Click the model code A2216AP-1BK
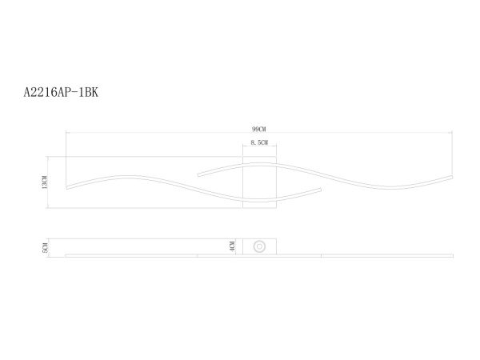[x=61, y=93]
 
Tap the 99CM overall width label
[x=258, y=128]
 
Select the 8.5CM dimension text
[x=258, y=142]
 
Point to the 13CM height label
[x=46, y=182]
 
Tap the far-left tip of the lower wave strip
[x=66, y=189]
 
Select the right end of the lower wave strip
[x=322, y=190]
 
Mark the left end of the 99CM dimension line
[x=66, y=133]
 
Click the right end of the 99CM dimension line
[x=453, y=133]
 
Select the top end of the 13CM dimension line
[x=50, y=157]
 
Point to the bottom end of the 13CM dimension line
[x=50, y=208]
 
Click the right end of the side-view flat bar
[x=453, y=256]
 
